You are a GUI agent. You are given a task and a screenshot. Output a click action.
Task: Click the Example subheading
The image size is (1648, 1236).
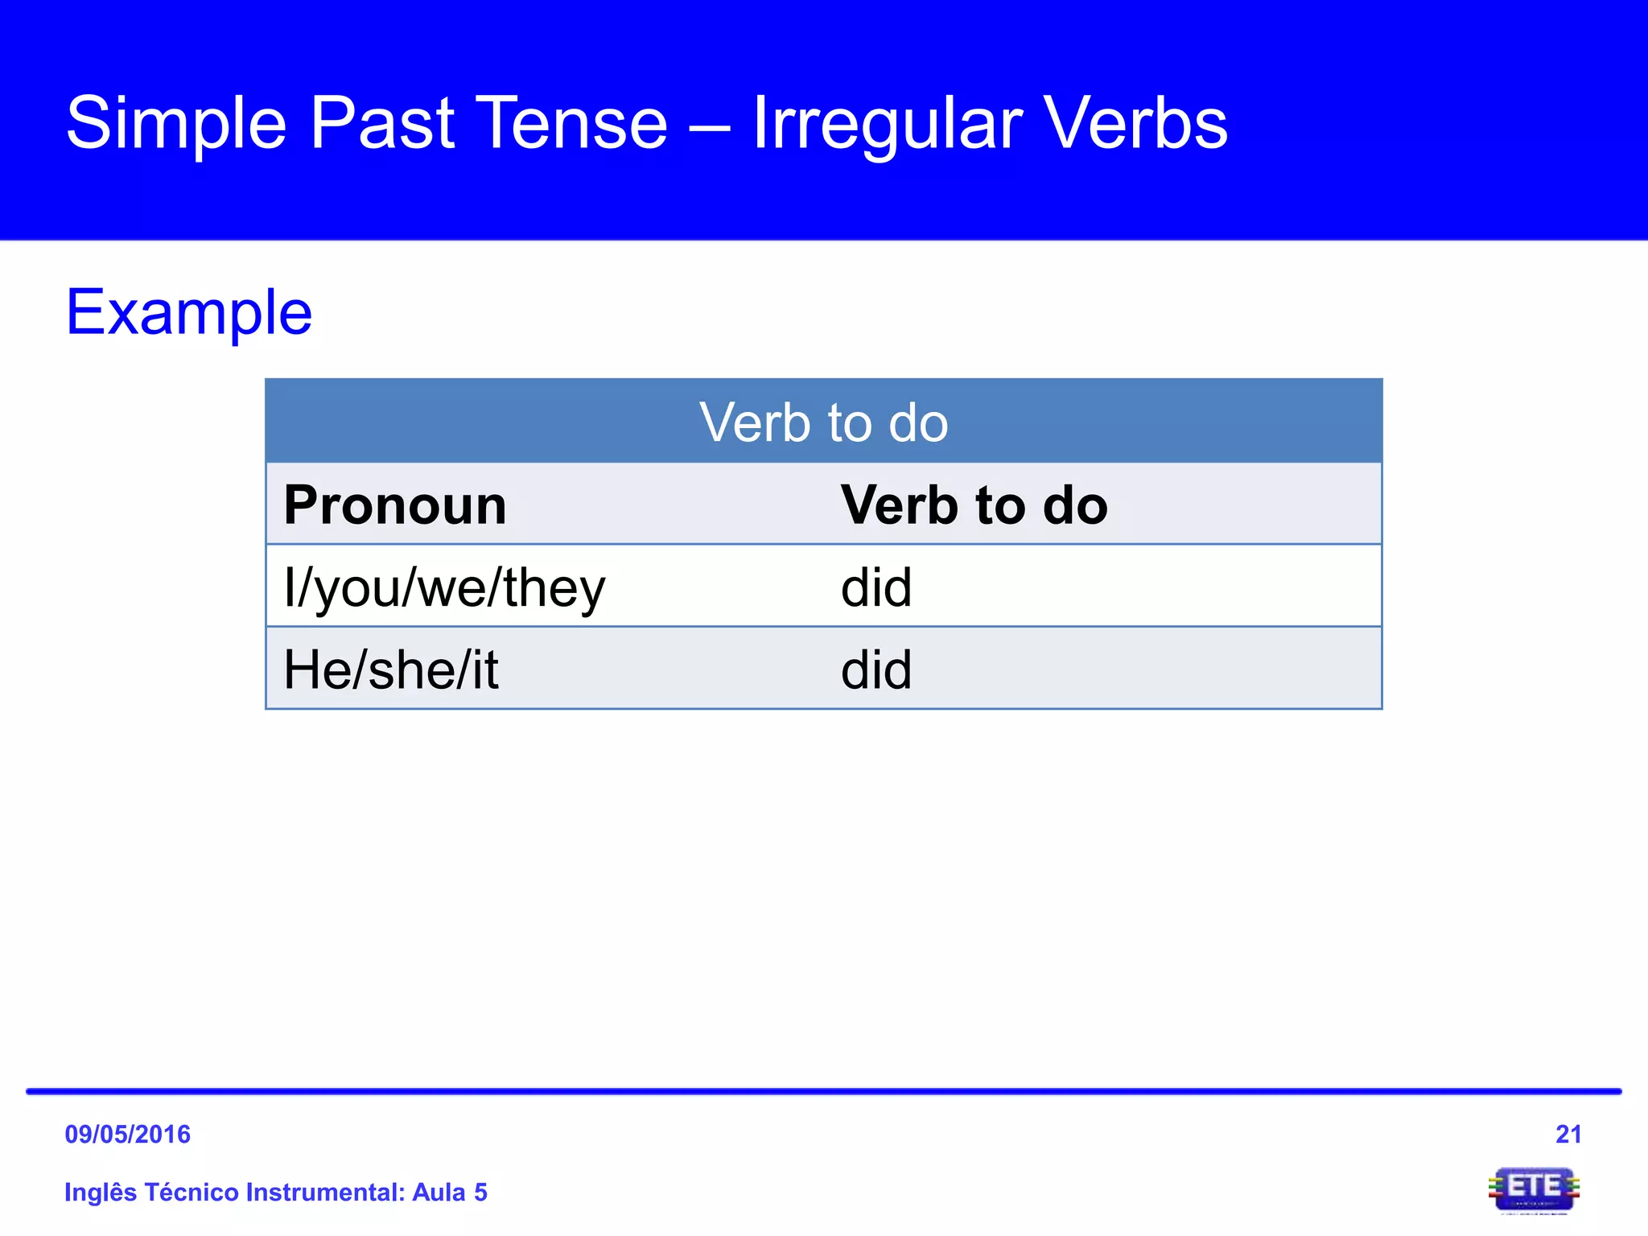(x=189, y=312)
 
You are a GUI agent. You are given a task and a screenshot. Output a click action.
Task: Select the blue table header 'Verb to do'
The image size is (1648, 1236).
(x=823, y=422)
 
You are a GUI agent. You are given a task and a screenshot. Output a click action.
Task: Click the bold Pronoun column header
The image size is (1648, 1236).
(x=395, y=505)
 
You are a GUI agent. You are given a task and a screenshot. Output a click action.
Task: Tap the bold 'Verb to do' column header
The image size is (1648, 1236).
(x=974, y=505)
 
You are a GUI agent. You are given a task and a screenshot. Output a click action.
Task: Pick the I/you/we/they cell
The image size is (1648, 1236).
(x=444, y=588)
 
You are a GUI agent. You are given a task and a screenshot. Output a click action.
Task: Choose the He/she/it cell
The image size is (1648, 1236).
(x=391, y=669)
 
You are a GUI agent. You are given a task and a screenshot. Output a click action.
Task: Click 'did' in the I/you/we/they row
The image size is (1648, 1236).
(x=876, y=588)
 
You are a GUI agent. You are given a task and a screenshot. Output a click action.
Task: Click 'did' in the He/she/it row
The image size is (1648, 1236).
(x=876, y=669)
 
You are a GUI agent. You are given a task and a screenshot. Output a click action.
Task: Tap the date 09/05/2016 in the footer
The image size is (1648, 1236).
(x=127, y=1134)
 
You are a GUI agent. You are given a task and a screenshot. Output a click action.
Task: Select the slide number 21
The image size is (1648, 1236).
(x=1568, y=1134)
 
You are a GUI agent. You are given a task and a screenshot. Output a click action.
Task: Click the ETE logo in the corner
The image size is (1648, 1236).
(x=1534, y=1189)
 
